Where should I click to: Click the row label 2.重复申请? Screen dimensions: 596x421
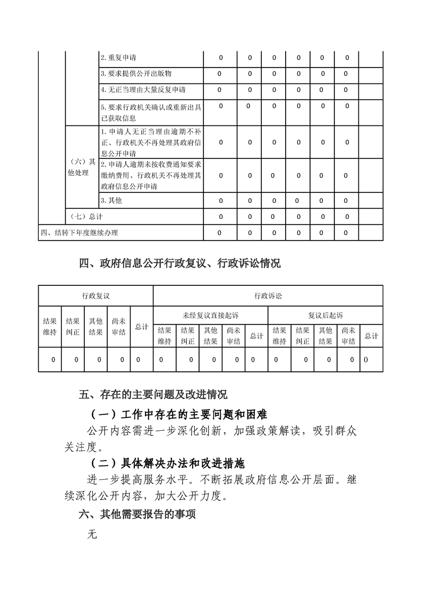tap(118, 57)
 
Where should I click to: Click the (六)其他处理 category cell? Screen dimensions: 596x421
tap(82, 167)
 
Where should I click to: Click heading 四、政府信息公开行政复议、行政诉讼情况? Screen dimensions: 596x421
tap(180, 263)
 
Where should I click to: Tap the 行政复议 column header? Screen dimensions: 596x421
tap(96, 295)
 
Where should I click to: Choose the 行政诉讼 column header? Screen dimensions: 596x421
tap(268, 295)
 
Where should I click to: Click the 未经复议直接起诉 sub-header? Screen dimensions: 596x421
tap(211, 315)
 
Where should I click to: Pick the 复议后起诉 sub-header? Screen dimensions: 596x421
tap(325, 315)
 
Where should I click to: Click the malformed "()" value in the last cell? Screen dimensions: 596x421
tap(366, 360)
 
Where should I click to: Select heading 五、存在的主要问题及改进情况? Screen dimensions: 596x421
tap(153, 395)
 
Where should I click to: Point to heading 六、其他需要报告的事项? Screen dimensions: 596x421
tap(138, 514)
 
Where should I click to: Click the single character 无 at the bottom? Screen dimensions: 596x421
tap(93, 534)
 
